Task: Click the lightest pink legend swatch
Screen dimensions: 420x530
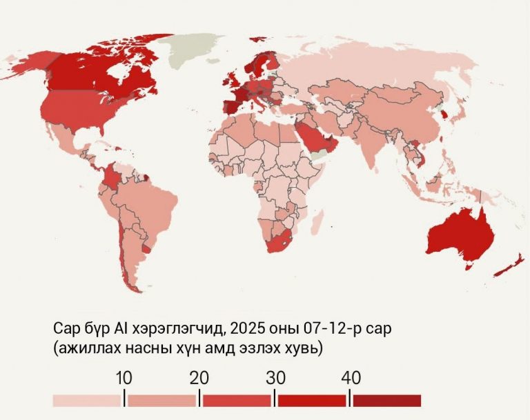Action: [87, 401]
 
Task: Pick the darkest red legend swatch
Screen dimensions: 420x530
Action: [386, 401]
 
